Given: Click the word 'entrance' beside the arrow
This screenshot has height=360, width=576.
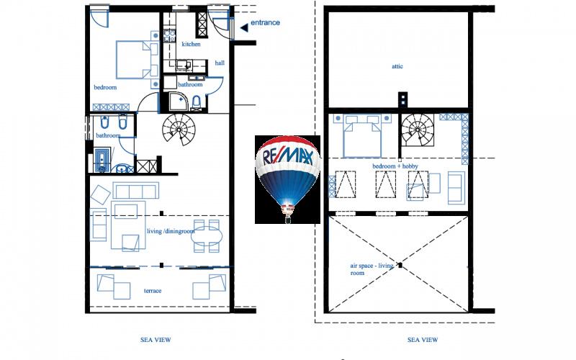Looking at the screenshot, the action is click(x=265, y=23).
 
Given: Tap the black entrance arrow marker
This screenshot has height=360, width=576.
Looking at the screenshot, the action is click(x=244, y=27).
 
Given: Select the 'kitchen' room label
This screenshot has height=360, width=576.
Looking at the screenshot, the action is click(x=191, y=44).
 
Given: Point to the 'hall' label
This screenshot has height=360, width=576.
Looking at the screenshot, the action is click(x=220, y=63).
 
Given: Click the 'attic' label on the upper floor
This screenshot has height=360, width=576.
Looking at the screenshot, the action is click(x=397, y=66).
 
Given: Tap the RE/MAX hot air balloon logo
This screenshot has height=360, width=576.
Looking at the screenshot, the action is click(x=287, y=179).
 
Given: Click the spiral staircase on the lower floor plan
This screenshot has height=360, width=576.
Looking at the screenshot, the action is click(x=179, y=130).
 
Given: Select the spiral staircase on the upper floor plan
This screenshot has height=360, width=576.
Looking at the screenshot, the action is click(x=417, y=130).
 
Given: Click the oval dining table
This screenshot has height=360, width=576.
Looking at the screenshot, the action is click(x=207, y=236).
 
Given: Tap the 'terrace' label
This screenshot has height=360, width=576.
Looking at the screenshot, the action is click(x=153, y=291).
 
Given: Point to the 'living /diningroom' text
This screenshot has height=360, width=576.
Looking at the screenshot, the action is click(x=171, y=231).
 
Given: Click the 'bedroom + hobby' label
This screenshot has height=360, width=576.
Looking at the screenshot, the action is click(x=395, y=166).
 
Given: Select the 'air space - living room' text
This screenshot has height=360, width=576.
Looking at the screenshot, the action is click(x=372, y=269).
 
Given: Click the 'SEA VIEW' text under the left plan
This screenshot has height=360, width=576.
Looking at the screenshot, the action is click(x=156, y=340).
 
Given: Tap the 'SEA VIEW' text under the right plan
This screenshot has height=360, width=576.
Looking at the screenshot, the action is click(x=423, y=340).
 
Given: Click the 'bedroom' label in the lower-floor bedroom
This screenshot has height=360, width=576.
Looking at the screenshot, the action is click(x=105, y=87).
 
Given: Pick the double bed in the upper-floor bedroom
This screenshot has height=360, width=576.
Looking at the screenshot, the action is click(x=362, y=137).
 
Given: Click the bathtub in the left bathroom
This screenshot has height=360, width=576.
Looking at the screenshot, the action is click(x=102, y=159).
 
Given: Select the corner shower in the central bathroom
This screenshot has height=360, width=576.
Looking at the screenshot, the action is click(x=179, y=101).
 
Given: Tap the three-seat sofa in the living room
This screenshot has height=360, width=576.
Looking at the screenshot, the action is click(x=136, y=190).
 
